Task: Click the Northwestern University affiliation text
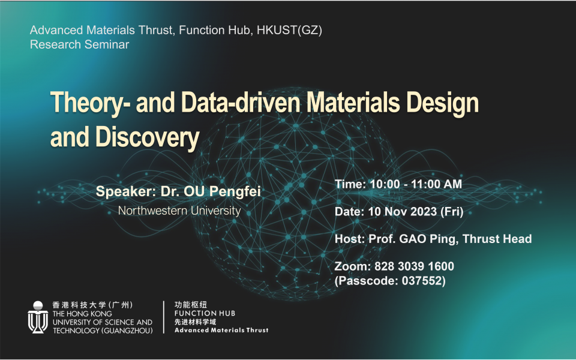point(179,211)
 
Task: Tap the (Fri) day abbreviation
point(452,212)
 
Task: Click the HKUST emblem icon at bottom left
point(38,317)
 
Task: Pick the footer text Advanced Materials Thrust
point(221,330)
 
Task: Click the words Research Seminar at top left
point(79,44)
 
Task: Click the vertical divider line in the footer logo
point(164,317)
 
